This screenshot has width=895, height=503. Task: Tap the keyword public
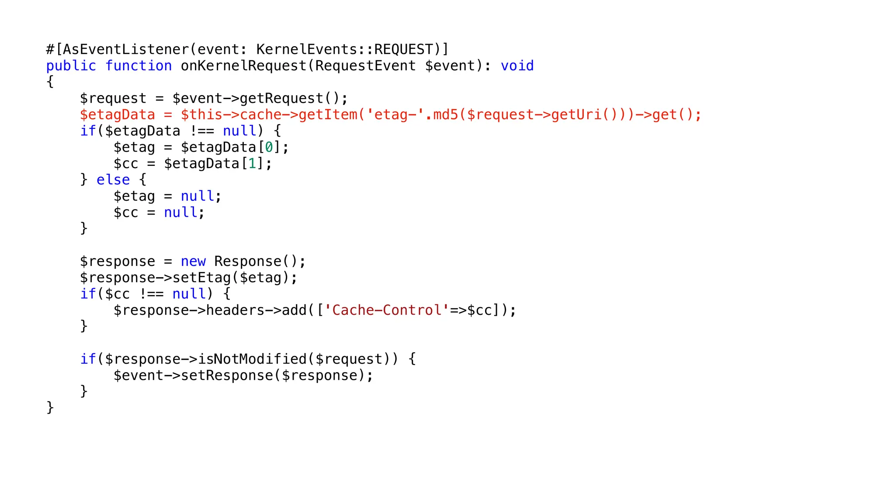71,66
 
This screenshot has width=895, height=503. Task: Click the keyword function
139,66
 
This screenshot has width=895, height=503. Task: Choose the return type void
517,66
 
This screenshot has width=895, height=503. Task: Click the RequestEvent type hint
365,66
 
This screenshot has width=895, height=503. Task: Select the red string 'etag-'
395,115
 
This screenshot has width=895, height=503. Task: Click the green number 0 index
269,148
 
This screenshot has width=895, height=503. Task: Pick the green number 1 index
252,164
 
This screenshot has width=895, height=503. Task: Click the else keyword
113,180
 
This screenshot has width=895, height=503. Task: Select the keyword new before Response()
193,262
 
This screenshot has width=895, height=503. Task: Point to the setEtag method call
201,278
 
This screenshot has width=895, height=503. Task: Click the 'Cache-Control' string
387,310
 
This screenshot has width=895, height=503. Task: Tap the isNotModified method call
252,359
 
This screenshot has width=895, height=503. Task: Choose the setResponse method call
227,376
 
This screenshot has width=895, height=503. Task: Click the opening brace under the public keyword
50,82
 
